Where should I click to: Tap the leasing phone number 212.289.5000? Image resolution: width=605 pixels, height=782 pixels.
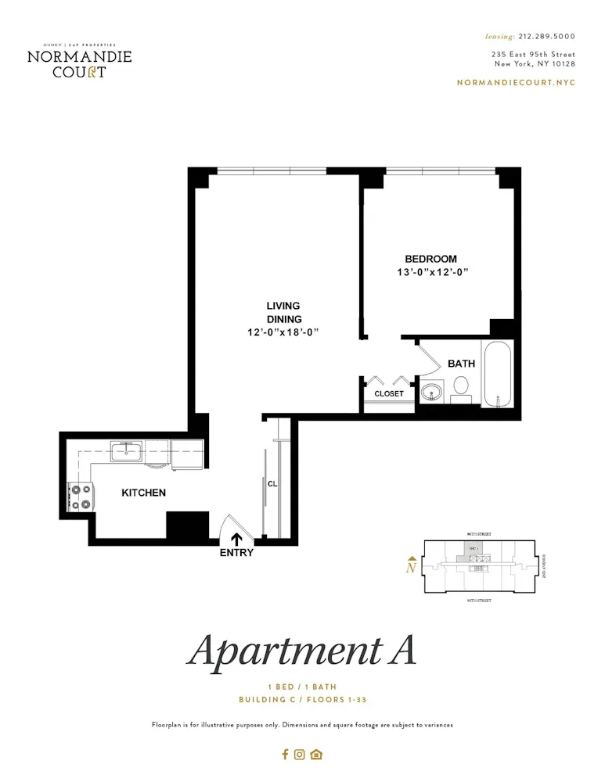(546, 36)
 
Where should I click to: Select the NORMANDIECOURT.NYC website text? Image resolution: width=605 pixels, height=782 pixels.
(516, 82)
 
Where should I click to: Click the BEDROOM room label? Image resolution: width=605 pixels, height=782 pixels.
(430, 259)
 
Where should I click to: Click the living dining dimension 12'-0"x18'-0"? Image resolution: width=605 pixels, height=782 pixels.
(283, 332)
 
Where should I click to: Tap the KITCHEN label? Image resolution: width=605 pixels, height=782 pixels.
(143, 493)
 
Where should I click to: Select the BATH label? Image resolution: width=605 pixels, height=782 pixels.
(461, 364)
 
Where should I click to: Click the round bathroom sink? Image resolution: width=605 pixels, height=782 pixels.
(430, 392)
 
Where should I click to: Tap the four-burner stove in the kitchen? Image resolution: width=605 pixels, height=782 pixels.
(81, 497)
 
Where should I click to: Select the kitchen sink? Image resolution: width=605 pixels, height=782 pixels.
(126, 450)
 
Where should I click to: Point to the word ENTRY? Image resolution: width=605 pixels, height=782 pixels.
(236, 552)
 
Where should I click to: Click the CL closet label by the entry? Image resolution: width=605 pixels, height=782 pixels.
(272, 483)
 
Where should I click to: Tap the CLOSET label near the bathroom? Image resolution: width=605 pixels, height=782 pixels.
(389, 393)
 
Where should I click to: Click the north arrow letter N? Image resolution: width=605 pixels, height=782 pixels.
(410, 569)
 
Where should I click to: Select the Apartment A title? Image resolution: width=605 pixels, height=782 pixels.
(302, 651)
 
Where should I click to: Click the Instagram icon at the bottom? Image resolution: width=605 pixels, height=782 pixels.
(300, 755)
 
